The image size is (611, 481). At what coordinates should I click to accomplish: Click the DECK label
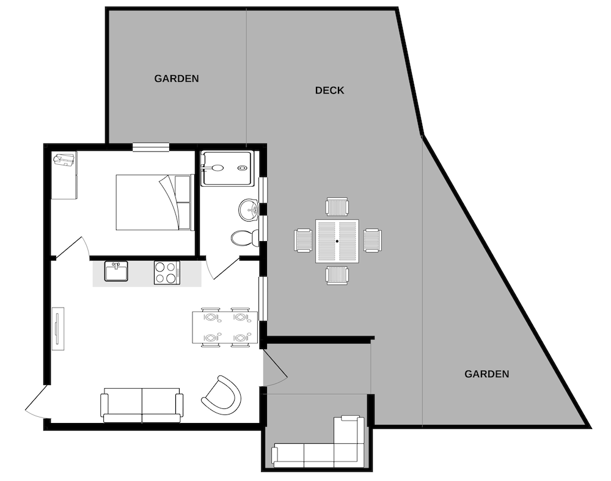pyautogui.click(x=329, y=90)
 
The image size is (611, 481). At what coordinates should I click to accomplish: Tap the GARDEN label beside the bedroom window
pyautogui.click(x=177, y=79)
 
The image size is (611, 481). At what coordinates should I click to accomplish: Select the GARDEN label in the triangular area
pyautogui.click(x=487, y=374)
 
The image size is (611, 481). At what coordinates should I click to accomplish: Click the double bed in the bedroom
pyautogui.click(x=155, y=203)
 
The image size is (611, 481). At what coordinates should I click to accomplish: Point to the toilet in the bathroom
pyautogui.click(x=245, y=237)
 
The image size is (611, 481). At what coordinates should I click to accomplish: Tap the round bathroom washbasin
pyautogui.click(x=249, y=210)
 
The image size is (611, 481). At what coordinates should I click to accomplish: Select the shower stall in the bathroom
pyautogui.click(x=227, y=168)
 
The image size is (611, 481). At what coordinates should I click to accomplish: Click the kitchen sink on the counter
pyautogui.click(x=116, y=271)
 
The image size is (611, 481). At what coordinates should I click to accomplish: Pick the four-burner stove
pyautogui.click(x=167, y=272)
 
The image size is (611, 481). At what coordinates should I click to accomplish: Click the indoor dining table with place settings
pyautogui.click(x=225, y=327)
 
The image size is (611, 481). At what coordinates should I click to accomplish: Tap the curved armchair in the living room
pyautogui.click(x=221, y=396)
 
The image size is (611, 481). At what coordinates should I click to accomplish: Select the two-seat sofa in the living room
pyautogui.click(x=142, y=405)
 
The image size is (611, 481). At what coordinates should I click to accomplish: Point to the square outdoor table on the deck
pyautogui.click(x=337, y=241)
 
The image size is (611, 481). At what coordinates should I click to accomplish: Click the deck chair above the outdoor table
pyautogui.click(x=337, y=207)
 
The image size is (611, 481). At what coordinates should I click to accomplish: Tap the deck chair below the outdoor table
pyautogui.click(x=337, y=275)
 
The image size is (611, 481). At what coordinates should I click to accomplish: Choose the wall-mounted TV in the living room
pyautogui.click(x=58, y=329)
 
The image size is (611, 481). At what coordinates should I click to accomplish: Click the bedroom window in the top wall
pyautogui.click(x=151, y=147)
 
